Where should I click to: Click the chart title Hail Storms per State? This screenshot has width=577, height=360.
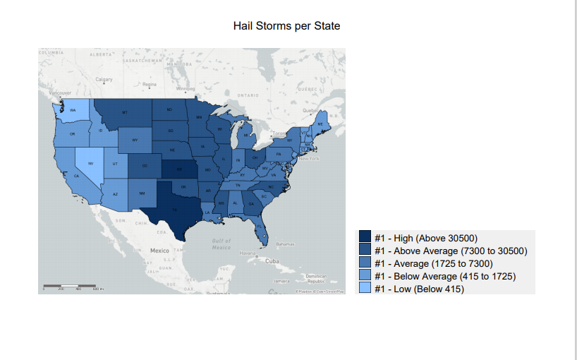point(286,26)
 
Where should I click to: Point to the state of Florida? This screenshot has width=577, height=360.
point(261,229)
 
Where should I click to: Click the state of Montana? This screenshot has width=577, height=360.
point(124,112)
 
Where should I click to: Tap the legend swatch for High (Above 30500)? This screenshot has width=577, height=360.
point(365,238)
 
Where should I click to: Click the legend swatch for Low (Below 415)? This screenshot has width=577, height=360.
point(365,289)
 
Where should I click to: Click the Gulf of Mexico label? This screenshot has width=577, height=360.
point(221,244)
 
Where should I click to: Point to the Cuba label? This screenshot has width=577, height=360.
point(272,260)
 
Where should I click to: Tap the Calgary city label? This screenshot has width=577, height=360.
point(104,79)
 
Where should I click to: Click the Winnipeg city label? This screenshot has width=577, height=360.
point(185,88)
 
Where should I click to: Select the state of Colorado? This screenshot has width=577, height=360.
point(144,167)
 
